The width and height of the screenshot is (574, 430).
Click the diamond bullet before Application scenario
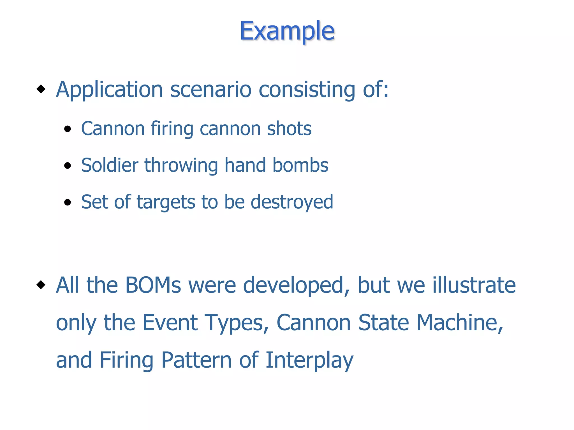[x=41, y=89]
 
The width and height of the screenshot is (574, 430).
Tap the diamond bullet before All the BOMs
[x=41, y=285]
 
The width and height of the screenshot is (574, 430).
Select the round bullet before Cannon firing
[x=67, y=129]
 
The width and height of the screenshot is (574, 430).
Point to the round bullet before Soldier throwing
[x=67, y=165]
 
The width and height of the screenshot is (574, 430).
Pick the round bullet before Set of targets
[x=67, y=202]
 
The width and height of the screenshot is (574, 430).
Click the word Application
[x=109, y=90]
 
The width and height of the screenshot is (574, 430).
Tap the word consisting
[x=307, y=90]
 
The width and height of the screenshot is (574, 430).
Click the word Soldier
[x=110, y=165]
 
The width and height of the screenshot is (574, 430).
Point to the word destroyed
[x=291, y=202]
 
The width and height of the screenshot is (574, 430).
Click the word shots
[x=289, y=129]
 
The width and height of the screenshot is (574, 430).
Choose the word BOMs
[x=153, y=285]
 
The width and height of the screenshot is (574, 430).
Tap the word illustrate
[x=474, y=285]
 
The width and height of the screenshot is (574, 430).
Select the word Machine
[x=460, y=322]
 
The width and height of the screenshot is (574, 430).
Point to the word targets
[x=166, y=202]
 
